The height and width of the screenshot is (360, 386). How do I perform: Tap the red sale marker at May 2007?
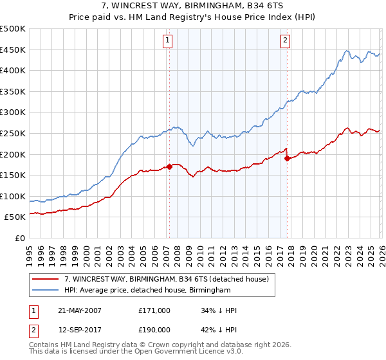(169, 166)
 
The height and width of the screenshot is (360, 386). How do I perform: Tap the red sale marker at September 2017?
(287, 158)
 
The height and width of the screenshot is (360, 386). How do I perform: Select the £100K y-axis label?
(13, 196)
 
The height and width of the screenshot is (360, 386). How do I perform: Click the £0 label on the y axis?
(19, 238)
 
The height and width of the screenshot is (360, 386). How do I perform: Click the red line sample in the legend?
(46, 278)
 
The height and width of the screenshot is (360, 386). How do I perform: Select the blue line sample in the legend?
(46, 291)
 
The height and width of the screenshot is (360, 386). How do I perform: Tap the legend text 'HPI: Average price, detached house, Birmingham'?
(147, 291)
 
